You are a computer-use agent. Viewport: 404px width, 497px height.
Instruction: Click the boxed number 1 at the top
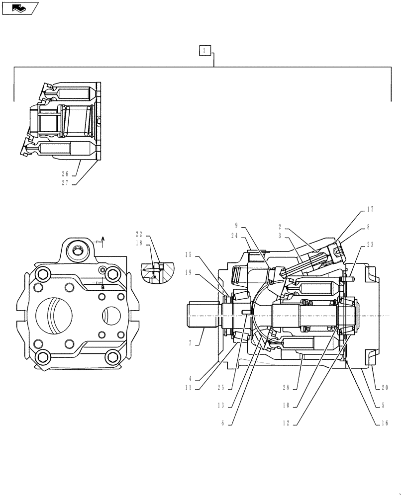(x=204, y=50)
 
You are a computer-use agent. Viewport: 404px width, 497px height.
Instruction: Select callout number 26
(x=65, y=174)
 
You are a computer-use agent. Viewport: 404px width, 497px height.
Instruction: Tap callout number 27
(x=65, y=182)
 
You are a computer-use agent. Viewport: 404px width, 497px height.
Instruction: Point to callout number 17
(x=370, y=210)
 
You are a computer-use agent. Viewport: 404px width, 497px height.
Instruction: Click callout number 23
(x=370, y=245)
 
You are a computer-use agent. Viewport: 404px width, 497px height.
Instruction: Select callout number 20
(x=384, y=388)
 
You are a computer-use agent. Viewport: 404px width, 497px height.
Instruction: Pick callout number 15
(x=188, y=255)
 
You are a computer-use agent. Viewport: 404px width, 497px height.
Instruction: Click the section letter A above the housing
(x=103, y=239)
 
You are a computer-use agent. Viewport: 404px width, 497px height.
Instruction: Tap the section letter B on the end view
(x=102, y=287)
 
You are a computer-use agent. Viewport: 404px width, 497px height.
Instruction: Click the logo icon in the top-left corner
(x=20, y=7)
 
